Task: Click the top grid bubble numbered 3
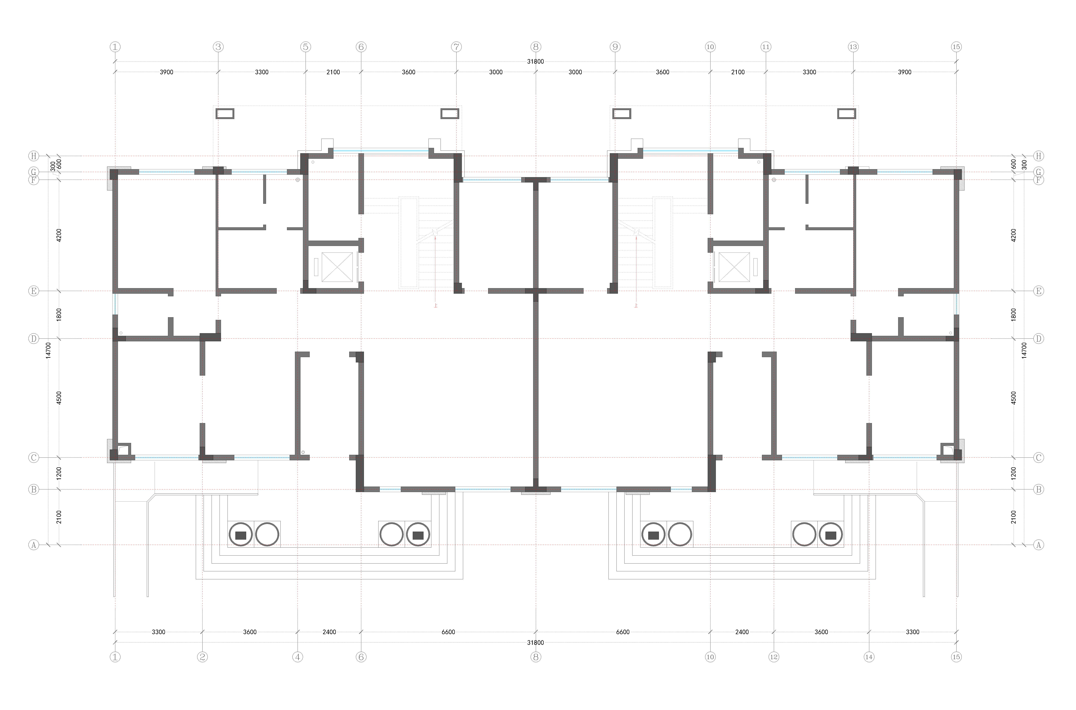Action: (x=218, y=47)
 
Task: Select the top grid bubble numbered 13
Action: (x=853, y=47)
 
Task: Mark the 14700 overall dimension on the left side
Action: (x=48, y=351)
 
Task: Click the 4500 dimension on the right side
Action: (x=1013, y=398)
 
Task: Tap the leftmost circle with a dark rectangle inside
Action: (x=241, y=535)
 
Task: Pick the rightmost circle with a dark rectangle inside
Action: (x=831, y=535)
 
